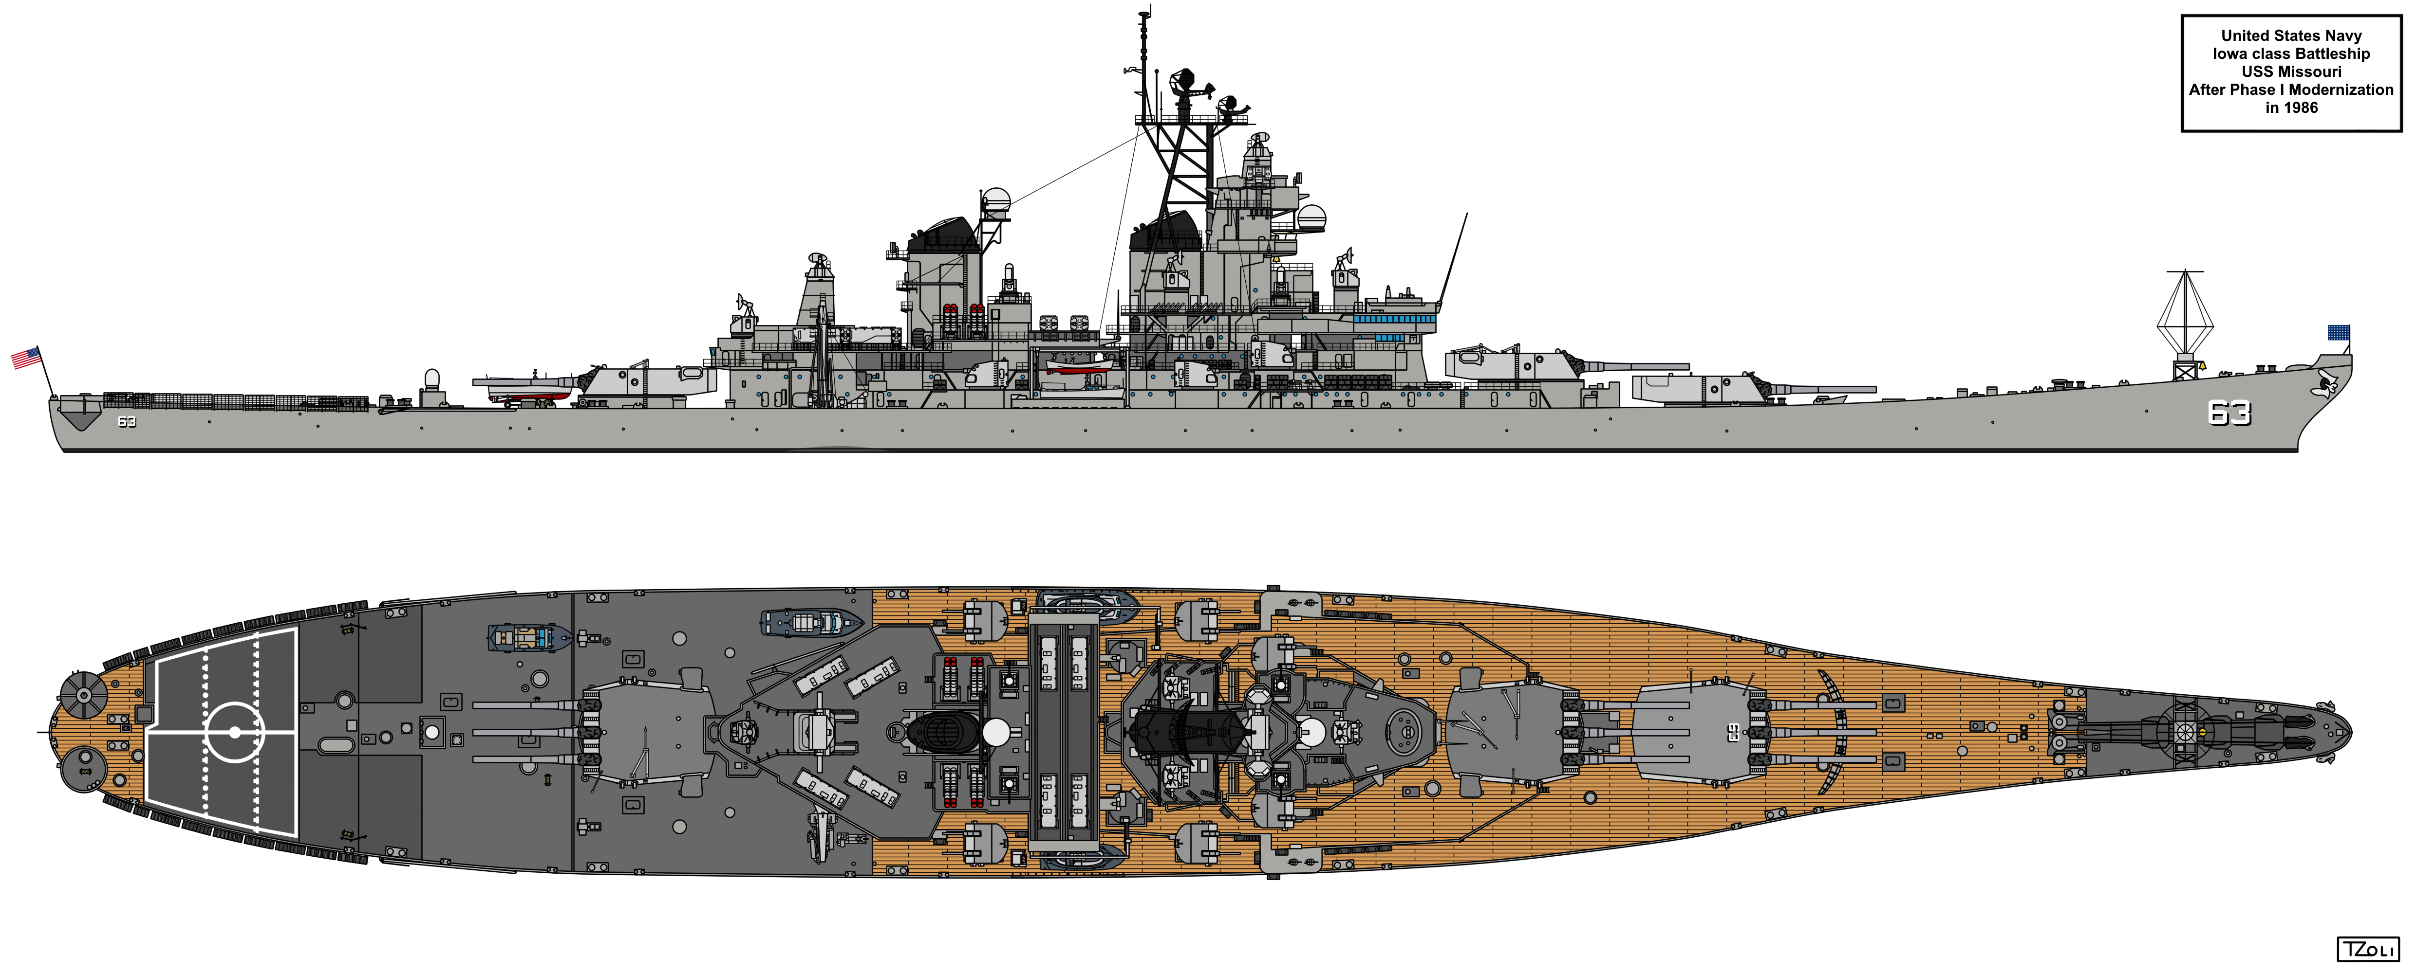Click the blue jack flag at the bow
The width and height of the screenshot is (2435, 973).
point(2339,332)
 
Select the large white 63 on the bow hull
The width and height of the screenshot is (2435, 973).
point(2229,413)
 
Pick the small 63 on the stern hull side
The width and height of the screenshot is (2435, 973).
point(127,421)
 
